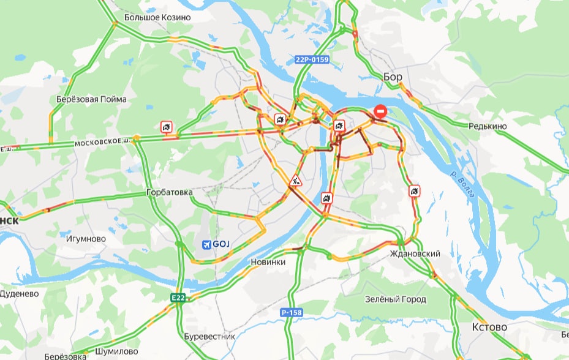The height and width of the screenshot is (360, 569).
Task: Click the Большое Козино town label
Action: coord(157,18)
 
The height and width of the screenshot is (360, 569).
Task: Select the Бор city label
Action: coord(393,77)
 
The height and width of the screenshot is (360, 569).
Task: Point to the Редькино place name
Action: coord(487,126)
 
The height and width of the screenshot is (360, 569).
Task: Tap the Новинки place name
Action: coord(268,262)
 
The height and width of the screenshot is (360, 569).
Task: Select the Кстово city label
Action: coord(490,328)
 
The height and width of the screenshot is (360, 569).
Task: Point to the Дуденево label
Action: coord(19,293)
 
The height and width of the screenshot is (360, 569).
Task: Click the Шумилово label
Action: coord(117,351)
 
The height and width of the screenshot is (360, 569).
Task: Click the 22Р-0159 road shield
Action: coord(312,59)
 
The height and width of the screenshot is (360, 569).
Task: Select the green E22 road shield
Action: coord(178,298)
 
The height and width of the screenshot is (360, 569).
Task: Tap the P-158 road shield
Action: coord(292,312)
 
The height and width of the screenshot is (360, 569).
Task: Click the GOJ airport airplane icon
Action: coord(206,244)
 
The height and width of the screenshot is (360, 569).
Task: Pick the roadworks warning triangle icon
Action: coord(295,181)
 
